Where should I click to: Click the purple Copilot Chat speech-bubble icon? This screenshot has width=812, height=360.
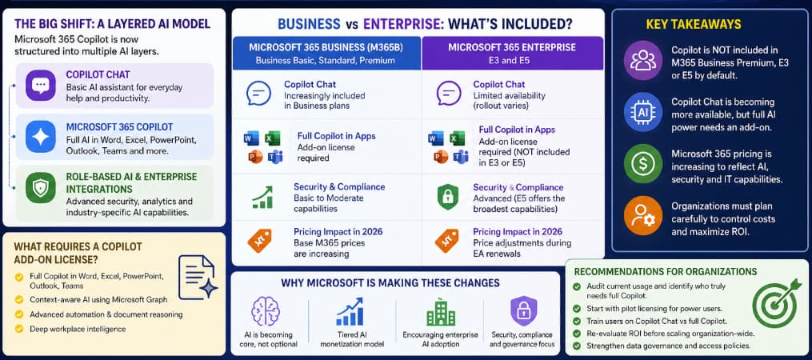(40, 86)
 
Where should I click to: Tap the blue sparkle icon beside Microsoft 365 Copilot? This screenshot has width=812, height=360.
(40, 136)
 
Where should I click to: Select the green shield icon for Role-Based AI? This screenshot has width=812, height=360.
(40, 187)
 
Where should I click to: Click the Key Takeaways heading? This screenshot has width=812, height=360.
(694, 24)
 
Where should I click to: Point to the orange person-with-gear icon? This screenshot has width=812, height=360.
(642, 215)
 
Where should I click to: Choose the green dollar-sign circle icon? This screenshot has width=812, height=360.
(642, 164)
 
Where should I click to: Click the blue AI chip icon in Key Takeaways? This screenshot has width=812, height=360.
(642, 112)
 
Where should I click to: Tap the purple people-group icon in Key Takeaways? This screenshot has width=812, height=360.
(642, 60)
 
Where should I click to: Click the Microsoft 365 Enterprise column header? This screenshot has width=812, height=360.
(512, 53)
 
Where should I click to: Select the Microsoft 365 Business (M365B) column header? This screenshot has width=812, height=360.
(326, 53)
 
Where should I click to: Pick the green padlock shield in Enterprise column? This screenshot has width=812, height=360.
(447, 198)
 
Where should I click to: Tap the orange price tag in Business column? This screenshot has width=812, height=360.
(259, 241)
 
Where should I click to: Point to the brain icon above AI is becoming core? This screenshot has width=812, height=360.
(265, 311)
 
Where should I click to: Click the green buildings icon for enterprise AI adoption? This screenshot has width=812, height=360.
(441, 312)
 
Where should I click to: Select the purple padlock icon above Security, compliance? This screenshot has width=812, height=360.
(523, 310)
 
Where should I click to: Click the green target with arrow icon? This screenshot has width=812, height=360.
(776, 302)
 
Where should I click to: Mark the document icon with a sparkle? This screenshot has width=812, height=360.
(198, 278)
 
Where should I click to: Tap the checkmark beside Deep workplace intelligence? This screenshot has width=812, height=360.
(19, 329)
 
